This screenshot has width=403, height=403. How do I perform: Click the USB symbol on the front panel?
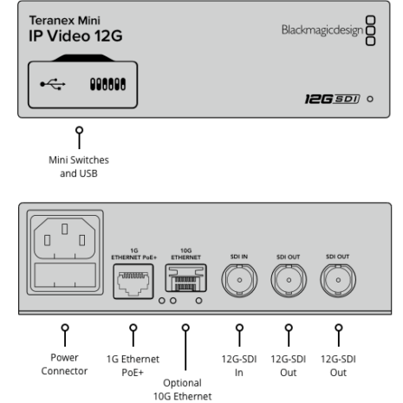(53, 84)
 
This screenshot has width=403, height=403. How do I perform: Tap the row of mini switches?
(107, 84)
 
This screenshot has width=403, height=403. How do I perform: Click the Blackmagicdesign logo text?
(322, 30)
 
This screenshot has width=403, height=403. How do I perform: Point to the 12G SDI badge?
(332, 99)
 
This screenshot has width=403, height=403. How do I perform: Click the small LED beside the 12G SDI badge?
(370, 99)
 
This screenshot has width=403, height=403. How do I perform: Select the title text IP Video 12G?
(75, 36)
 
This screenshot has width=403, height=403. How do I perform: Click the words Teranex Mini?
(65, 21)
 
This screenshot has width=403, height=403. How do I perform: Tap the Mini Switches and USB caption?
(79, 166)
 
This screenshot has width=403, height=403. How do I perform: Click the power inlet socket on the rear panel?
(65, 238)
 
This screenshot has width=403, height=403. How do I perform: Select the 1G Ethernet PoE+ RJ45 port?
(133, 281)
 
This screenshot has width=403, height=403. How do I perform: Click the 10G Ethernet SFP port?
(185, 278)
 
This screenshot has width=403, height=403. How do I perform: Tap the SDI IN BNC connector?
(239, 280)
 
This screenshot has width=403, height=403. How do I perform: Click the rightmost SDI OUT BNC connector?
(338, 280)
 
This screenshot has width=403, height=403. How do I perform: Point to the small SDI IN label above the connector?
(239, 257)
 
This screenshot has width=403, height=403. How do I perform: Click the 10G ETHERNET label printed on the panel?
(185, 254)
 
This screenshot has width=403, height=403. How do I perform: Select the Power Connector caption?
(64, 364)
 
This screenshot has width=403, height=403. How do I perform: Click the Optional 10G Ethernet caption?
(182, 390)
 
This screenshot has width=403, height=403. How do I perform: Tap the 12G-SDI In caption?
(239, 366)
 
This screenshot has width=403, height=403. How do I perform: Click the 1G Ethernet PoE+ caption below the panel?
(133, 366)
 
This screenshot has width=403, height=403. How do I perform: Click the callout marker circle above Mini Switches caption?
(79, 130)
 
